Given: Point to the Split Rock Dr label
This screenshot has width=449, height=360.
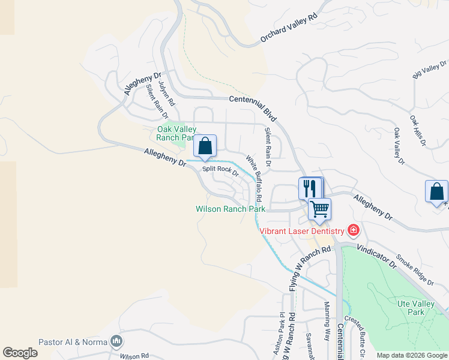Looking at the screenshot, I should (220, 171).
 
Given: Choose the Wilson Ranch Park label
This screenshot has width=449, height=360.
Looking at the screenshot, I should (231, 209).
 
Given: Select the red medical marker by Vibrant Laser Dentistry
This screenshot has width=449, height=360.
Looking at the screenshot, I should (354, 230).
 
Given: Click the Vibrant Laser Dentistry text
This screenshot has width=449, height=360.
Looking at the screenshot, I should (301, 231).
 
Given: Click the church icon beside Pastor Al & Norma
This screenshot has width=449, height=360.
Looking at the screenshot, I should (116, 342).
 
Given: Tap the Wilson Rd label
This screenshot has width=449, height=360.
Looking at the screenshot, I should (133, 356).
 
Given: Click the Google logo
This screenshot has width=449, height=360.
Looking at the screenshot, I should (20, 353).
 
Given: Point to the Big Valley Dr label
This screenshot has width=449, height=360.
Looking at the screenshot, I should (429, 69).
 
